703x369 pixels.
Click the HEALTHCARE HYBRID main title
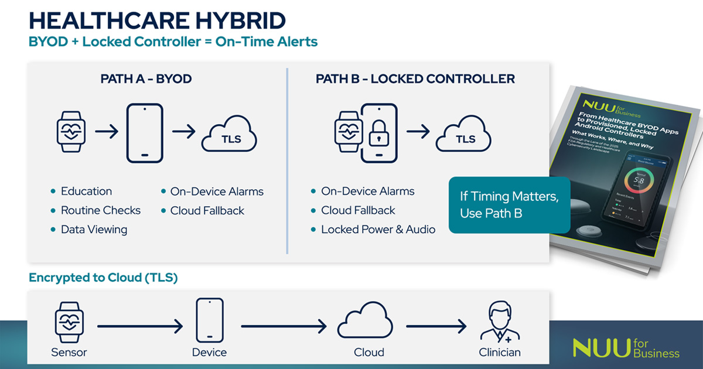(157, 20)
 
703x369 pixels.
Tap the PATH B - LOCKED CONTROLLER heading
(415, 78)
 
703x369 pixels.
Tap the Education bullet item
(86, 192)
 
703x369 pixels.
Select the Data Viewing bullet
(94, 230)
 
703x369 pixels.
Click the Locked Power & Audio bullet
(378, 230)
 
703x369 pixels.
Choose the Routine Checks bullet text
(101, 210)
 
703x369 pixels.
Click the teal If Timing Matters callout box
(509, 205)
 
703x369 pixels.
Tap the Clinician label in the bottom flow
(499, 352)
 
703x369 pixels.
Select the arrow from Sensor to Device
(140, 326)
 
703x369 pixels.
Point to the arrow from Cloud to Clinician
(436, 326)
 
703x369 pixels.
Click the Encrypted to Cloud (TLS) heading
(103, 278)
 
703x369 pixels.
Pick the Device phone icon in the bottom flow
(210, 320)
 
